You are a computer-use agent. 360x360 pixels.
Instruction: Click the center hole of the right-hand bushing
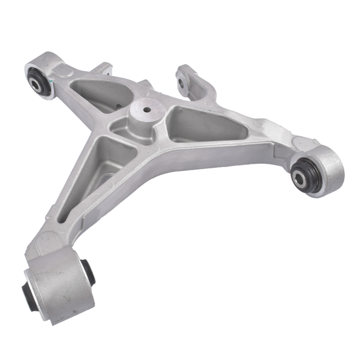click(299, 176)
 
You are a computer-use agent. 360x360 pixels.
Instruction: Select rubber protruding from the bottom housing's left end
click(28, 290)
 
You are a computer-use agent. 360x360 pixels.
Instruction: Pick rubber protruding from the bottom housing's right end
click(89, 271)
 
